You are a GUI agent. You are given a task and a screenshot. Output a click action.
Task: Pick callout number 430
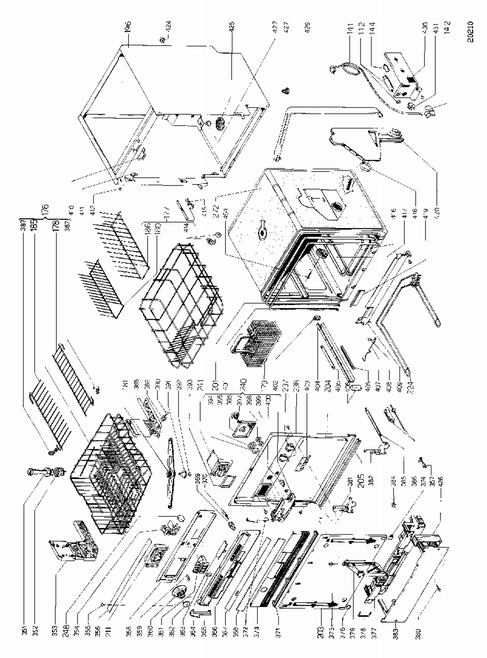425,28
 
